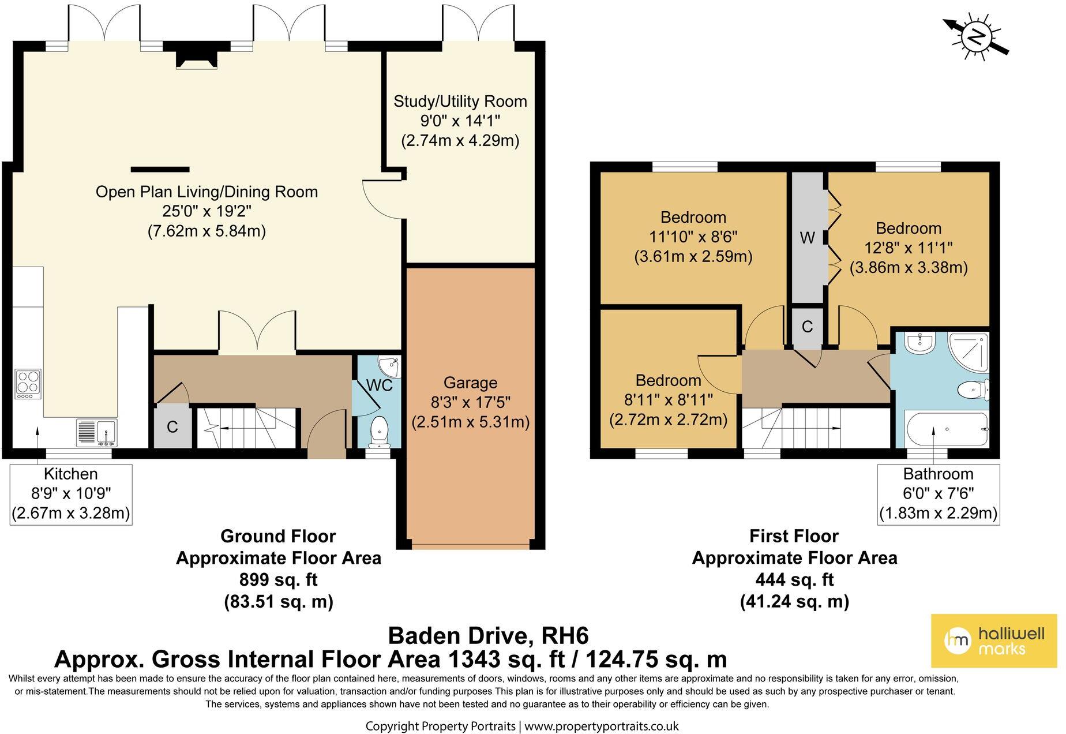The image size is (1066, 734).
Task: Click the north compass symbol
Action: point(976,37)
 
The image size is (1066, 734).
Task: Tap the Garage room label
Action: point(470,383)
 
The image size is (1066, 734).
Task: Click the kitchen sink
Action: point(97,433)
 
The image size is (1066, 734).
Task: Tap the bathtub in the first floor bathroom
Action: point(947,429)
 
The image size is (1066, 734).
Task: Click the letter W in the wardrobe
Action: point(807,237)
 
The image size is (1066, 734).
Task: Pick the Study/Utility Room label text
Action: point(460,102)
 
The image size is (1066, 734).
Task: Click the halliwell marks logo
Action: point(994,641)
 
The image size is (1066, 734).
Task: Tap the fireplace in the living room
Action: point(197,57)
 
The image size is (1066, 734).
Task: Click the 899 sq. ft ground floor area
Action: point(278,580)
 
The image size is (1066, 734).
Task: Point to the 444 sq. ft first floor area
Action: point(794,580)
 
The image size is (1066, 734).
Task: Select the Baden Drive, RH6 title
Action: point(489,635)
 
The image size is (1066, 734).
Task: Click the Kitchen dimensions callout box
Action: point(71,495)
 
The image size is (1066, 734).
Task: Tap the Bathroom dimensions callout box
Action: point(939,495)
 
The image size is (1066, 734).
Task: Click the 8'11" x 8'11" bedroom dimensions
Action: point(669,400)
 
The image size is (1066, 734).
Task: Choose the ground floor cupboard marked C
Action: point(172,426)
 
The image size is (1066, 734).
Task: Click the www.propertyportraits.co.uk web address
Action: point(601,726)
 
